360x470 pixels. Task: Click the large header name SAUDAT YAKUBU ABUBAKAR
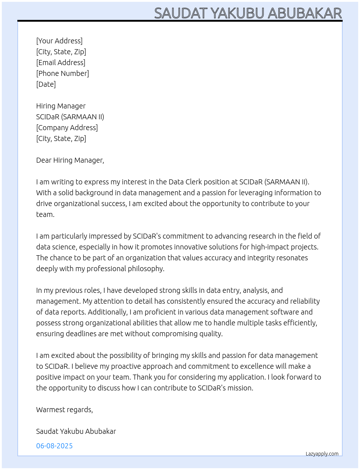click(248, 13)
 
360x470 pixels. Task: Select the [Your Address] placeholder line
click(59, 41)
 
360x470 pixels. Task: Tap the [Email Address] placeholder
click(61, 63)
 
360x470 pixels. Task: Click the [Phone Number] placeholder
click(63, 73)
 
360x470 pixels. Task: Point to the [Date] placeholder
click(46, 84)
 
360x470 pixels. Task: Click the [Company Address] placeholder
click(67, 128)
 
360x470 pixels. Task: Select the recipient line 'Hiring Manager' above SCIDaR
click(61, 106)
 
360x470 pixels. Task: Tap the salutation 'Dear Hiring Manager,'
click(70, 160)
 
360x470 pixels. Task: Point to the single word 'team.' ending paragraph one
click(45, 214)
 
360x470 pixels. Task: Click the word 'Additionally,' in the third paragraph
click(107, 312)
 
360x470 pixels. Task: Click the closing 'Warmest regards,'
click(64, 410)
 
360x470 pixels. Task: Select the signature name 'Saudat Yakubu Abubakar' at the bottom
click(76, 431)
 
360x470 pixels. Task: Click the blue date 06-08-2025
click(54, 446)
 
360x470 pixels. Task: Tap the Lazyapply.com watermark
click(322, 454)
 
